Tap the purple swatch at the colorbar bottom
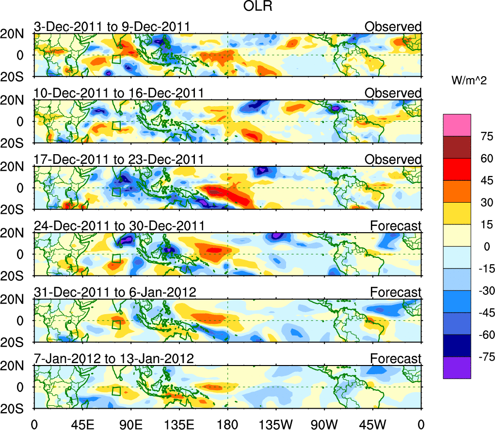coord(456,367)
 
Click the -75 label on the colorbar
coord(483,357)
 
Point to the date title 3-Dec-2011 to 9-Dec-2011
coord(111,27)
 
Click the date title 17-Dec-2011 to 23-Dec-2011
coord(118,159)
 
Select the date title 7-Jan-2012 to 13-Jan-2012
coord(114,359)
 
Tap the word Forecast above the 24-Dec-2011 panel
coord(396,226)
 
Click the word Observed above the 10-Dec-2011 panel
coord(393,93)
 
